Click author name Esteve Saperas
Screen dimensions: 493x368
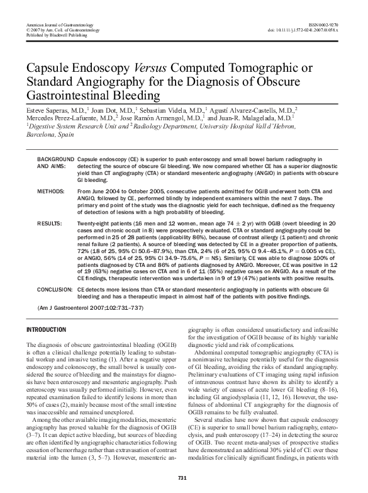[47, 109]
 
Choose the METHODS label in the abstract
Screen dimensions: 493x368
[50, 190]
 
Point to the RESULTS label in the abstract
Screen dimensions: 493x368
[49, 224]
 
